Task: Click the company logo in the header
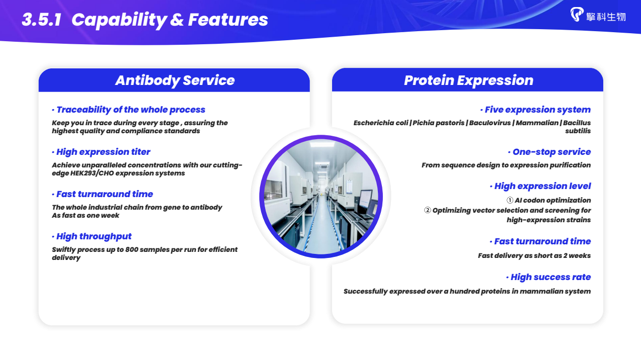point(598,15)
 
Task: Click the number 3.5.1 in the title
point(42,20)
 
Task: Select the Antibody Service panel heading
point(175,80)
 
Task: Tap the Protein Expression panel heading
point(468,80)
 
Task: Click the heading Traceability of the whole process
point(131,110)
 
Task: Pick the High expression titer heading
point(103,152)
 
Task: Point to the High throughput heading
point(94,236)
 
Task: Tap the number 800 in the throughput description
point(132,249)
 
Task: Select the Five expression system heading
point(537,110)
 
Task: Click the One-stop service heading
point(551,152)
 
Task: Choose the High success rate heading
point(550,277)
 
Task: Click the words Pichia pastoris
point(438,123)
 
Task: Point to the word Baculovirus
point(490,123)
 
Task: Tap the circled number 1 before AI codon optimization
point(510,200)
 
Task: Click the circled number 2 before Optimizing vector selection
point(427,211)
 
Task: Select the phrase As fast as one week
point(85,216)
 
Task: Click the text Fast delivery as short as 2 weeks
point(534,255)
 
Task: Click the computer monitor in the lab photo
point(366,199)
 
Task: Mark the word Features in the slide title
point(228,20)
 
